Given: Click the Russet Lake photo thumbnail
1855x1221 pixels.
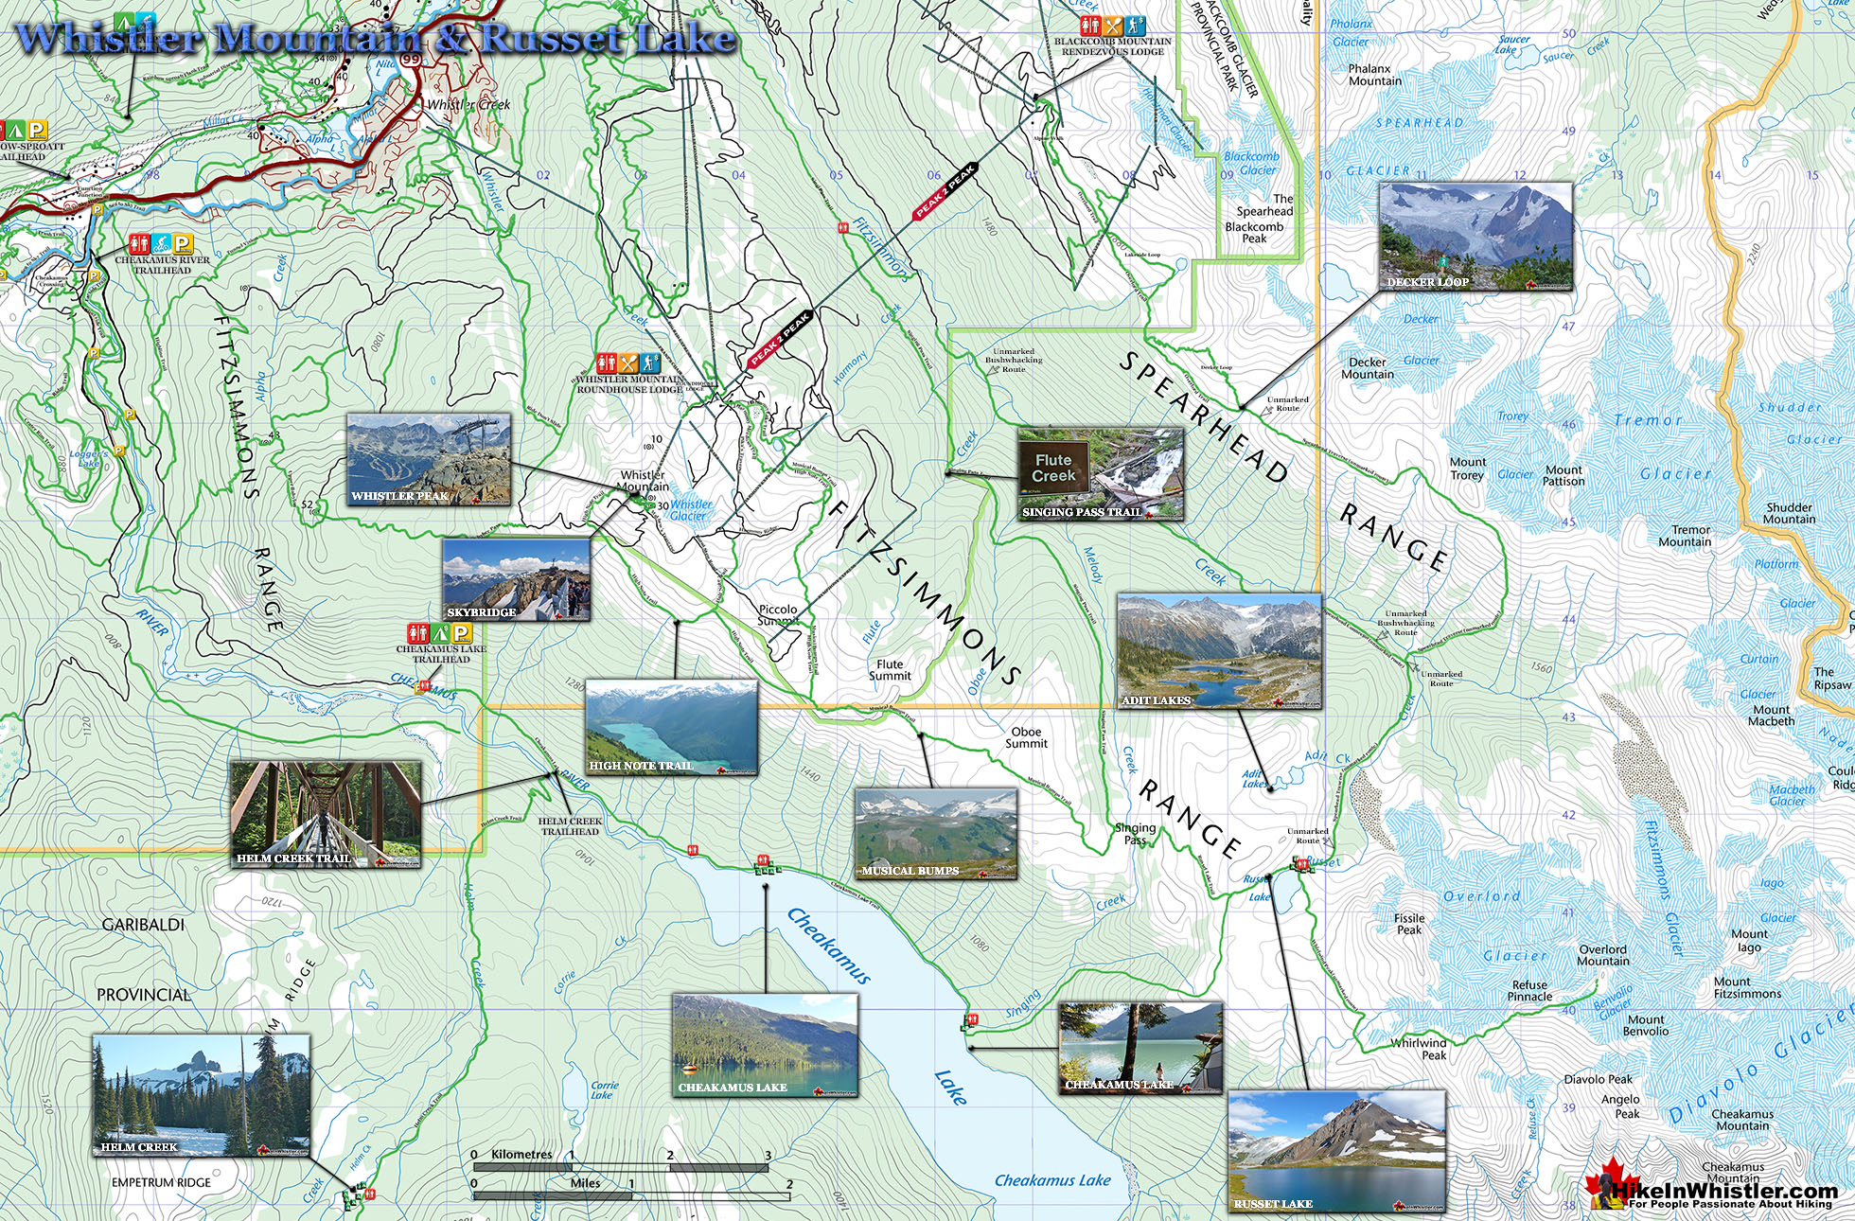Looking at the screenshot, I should [x=1336, y=1151].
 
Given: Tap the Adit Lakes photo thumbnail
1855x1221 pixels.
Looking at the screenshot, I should [x=1219, y=651].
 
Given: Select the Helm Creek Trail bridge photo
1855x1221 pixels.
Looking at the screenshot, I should [x=326, y=814].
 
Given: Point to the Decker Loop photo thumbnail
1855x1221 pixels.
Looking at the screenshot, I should [x=1475, y=237].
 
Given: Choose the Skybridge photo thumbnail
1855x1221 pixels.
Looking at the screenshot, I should [x=517, y=579].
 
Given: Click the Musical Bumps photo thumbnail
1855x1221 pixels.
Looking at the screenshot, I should [x=935, y=833].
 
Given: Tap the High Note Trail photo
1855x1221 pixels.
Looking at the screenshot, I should [x=671, y=727].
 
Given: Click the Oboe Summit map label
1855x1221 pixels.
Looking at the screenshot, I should [x=1027, y=737].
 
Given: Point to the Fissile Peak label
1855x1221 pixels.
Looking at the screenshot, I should [x=1408, y=924].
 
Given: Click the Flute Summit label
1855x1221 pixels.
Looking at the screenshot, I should [x=890, y=669].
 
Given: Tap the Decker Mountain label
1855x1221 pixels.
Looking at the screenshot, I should [x=1367, y=368].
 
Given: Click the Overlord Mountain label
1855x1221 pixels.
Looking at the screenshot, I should [x=1602, y=955].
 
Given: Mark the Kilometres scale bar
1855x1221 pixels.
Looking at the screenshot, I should [x=620, y=1167].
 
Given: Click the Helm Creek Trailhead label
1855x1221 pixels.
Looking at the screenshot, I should [x=570, y=826].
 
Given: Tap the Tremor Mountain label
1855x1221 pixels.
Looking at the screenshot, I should [x=1684, y=536].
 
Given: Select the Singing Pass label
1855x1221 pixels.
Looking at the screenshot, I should [x=1135, y=834].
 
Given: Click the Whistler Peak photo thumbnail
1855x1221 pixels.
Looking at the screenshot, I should [x=429, y=459].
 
